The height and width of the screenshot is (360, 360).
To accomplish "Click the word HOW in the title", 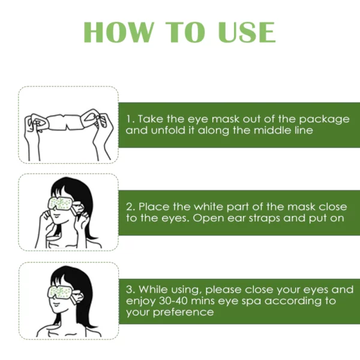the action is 119,32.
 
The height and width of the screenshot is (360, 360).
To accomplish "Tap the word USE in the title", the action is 247,32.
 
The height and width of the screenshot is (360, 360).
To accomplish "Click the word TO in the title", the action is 185,32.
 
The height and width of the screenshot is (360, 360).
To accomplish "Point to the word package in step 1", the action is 324,120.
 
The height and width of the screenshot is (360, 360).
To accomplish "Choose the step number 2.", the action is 130,207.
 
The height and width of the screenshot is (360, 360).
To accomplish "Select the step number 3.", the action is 130,290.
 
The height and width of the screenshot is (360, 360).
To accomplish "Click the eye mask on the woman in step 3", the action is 62,293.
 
